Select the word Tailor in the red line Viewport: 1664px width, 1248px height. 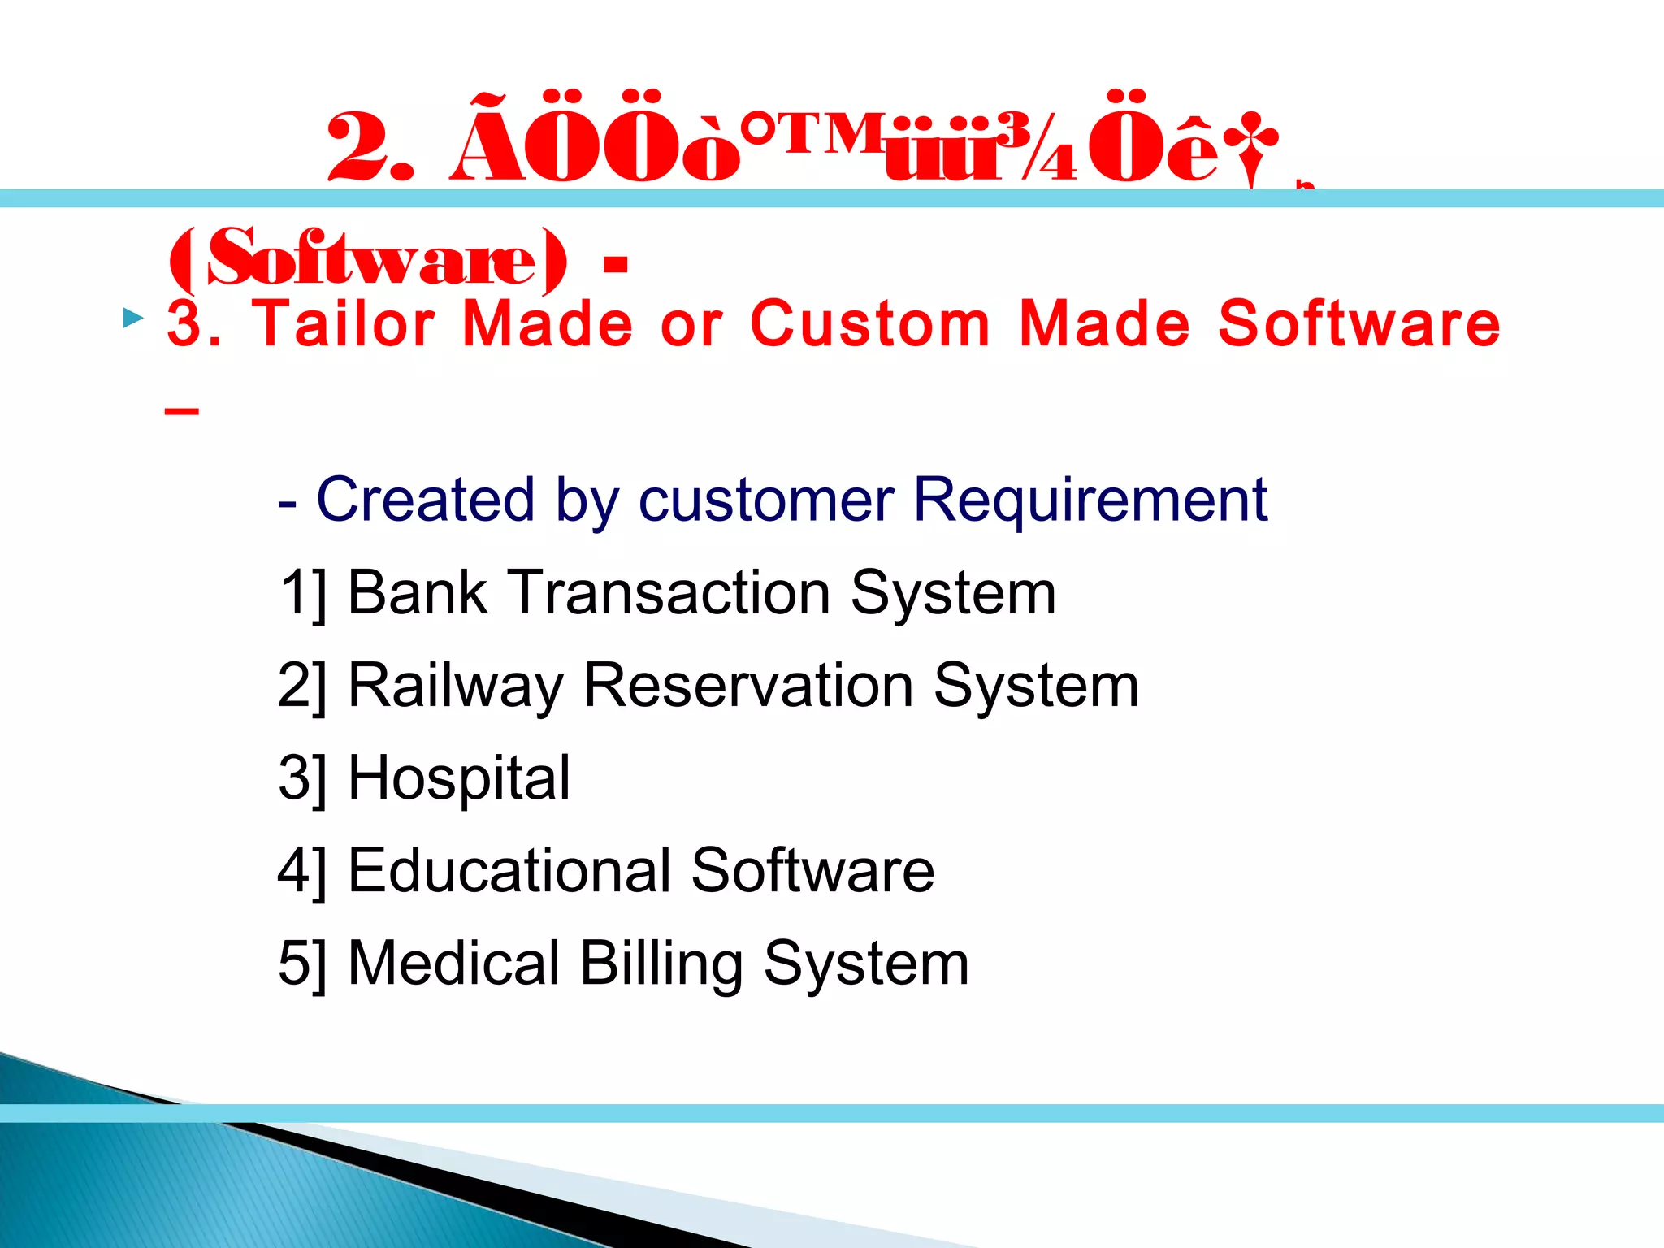coord(344,323)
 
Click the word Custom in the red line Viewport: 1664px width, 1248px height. coord(869,323)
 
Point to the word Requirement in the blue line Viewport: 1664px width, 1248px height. coord(1090,499)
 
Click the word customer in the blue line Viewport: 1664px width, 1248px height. coord(766,499)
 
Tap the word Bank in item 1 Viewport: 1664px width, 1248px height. coord(417,592)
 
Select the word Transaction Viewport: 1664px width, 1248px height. coord(669,592)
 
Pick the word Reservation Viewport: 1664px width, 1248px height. coord(747,687)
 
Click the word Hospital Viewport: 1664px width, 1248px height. coord(459,778)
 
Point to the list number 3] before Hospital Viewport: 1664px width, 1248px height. coord(301,778)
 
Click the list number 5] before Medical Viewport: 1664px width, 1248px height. coord(301,964)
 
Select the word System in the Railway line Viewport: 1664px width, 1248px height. coord(1036,687)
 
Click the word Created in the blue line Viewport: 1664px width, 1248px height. coord(425,499)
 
